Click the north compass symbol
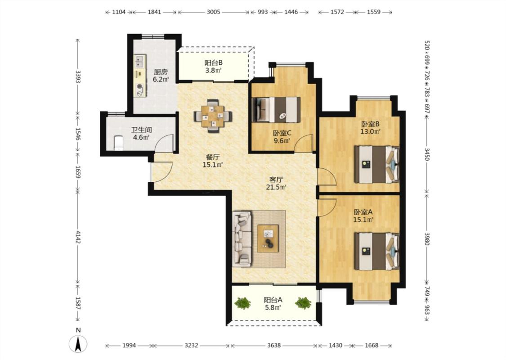[78, 343]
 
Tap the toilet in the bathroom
[118, 143]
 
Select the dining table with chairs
[213, 116]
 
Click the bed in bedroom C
[276, 109]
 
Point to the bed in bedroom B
[376, 165]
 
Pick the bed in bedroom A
[376, 252]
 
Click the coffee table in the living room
[268, 238]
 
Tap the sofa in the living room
[242, 239]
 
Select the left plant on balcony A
[243, 303]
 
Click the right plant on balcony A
[303, 303]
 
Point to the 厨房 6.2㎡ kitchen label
[161, 76]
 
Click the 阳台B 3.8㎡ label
[213, 67]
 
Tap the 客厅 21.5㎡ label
[276, 183]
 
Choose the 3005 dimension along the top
[213, 12]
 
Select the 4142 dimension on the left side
[78, 237]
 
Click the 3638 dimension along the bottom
[273, 346]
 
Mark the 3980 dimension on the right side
[427, 239]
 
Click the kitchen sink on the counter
[140, 59]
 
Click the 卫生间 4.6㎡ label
[141, 134]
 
